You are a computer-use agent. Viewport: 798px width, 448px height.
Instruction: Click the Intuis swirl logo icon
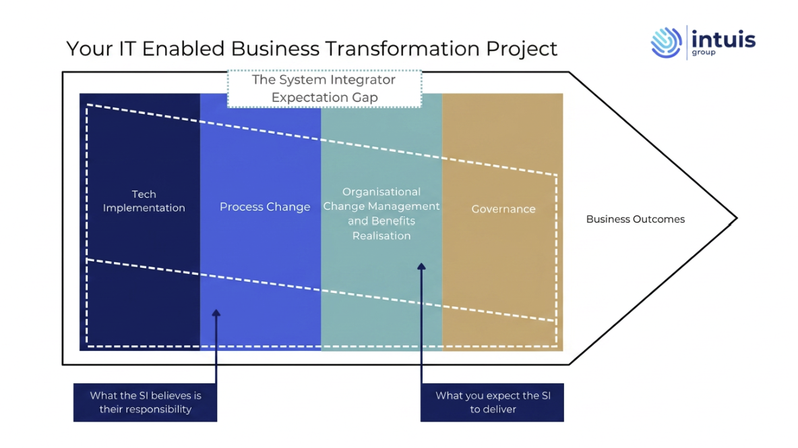(666, 43)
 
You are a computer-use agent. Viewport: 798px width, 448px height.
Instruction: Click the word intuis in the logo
(723, 38)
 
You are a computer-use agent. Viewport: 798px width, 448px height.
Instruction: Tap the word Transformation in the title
(402, 49)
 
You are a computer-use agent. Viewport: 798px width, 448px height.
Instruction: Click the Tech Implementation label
(144, 201)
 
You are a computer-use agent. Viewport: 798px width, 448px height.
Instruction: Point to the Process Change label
(265, 207)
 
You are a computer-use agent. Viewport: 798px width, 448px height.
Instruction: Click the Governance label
(503, 209)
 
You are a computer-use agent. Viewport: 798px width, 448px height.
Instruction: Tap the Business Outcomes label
(635, 219)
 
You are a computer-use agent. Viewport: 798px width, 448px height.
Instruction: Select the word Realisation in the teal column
(381, 236)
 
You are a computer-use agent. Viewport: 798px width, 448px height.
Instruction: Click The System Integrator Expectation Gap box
(324, 88)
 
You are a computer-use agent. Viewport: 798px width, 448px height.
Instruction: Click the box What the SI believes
(145, 402)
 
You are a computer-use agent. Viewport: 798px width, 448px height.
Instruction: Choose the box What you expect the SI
(492, 402)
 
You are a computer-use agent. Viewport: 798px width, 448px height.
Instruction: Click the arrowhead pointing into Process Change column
(216, 312)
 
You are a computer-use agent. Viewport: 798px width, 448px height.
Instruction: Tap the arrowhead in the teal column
(421, 266)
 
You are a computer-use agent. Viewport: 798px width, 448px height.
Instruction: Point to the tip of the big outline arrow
(737, 218)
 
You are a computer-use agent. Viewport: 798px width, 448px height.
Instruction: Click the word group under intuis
(704, 53)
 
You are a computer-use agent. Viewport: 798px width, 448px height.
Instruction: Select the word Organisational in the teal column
(381, 192)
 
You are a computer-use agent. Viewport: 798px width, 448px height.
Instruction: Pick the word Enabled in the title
(183, 49)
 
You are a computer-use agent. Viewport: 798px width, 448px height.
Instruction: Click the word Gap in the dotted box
(365, 98)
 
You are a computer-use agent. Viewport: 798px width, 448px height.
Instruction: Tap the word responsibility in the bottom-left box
(146, 410)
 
